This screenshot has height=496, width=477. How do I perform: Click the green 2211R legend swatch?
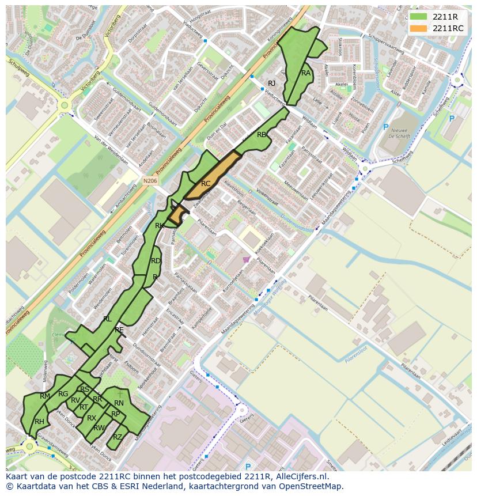(419, 17)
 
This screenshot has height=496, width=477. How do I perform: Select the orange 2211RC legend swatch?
(419, 28)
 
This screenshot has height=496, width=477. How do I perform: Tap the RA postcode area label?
(306, 73)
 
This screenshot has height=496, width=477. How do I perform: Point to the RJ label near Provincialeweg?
(272, 84)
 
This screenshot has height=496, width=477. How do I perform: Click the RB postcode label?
(262, 135)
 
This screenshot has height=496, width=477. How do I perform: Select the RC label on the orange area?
(206, 184)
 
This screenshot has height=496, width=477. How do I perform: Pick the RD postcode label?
(156, 261)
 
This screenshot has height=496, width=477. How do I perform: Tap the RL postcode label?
(107, 319)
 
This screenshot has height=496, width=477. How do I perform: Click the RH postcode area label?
(39, 422)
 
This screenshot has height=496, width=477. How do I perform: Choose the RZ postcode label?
(118, 437)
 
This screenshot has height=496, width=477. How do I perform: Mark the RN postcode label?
(119, 403)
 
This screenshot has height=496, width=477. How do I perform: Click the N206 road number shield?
(149, 180)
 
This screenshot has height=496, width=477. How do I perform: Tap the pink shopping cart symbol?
(247, 260)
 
